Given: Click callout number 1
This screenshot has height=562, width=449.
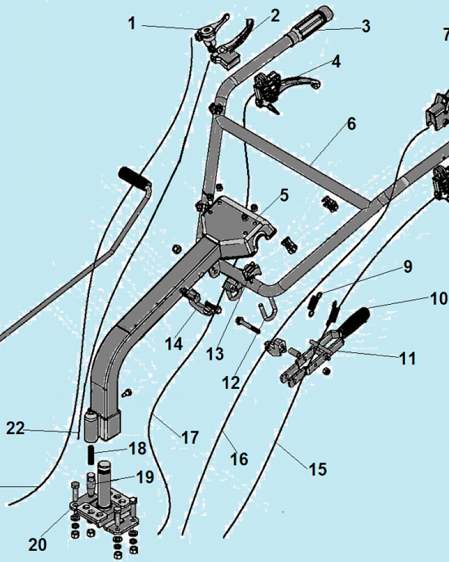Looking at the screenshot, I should [132, 24].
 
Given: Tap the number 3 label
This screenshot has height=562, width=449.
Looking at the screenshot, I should [365, 26].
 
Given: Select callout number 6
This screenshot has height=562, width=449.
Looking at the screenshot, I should [351, 124].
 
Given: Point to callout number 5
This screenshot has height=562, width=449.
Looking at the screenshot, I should [284, 196].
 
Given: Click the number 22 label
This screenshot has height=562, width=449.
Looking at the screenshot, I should [16, 428].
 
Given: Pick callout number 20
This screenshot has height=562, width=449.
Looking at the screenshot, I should [38, 544].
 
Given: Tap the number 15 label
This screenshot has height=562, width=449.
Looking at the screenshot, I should [318, 469].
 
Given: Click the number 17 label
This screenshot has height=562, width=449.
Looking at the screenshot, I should [190, 437].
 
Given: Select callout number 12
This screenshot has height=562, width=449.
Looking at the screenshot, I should [231, 383].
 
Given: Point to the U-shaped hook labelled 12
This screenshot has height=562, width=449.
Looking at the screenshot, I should [269, 312].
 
